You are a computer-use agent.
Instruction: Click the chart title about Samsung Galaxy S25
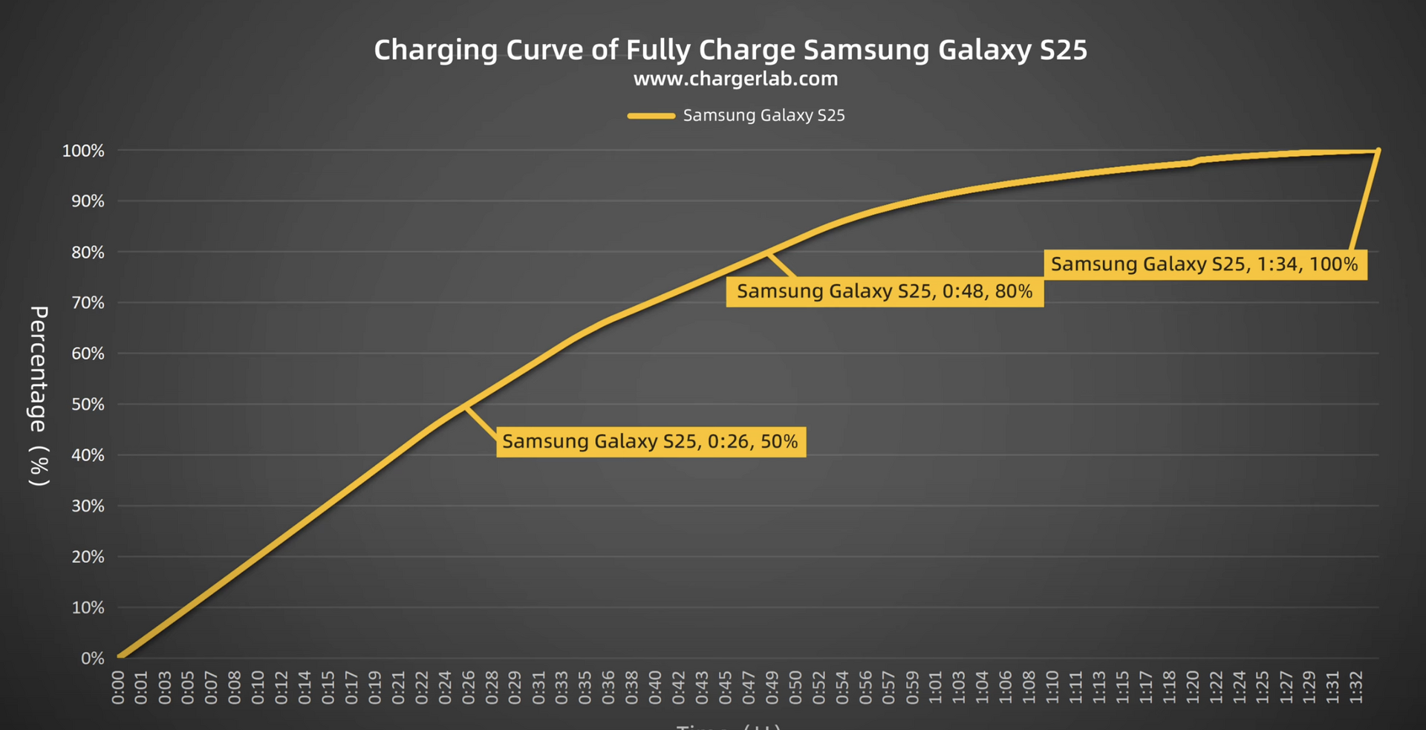pyautogui.click(x=730, y=50)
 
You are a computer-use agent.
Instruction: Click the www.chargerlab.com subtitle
pyautogui.click(x=735, y=79)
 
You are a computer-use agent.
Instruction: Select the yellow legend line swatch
pyautogui.click(x=651, y=116)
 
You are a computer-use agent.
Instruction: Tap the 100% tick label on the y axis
pyautogui.click(x=83, y=151)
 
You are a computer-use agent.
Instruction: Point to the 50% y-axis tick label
pyautogui.click(x=88, y=405)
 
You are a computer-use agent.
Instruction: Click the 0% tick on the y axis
pyautogui.click(x=93, y=659)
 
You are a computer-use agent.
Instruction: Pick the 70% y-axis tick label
pyautogui.click(x=88, y=303)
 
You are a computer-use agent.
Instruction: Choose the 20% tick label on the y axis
pyautogui.click(x=88, y=557)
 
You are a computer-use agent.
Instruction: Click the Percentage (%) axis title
pyautogui.click(x=39, y=396)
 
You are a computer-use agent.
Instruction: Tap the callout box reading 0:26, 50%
pyautogui.click(x=651, y=442)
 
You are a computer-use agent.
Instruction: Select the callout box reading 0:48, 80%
pyautogui.click(x=885, y=291)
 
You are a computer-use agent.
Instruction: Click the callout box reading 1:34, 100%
pyautogui.click(x=1204, y=264)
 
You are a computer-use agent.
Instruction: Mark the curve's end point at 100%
pyautogui.click(x=1378, y=151)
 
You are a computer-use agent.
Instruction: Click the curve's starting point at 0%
pyautogui.click(x=120, y=657)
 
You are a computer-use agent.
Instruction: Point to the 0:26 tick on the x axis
pyautogui.click(x=469, y=687)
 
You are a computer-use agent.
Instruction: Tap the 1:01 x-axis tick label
pyautogui.click(x=936, y=687)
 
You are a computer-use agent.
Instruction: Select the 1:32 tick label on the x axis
pyautogui.click(x=1356, y=687)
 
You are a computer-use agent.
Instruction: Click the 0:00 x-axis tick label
pyautogui.click(x=118, y=687)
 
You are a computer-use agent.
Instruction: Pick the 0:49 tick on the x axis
pyautogui.click(x=772, y=687)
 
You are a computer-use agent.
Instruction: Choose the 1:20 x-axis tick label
pyautogui.click(x=1193, y=687)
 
